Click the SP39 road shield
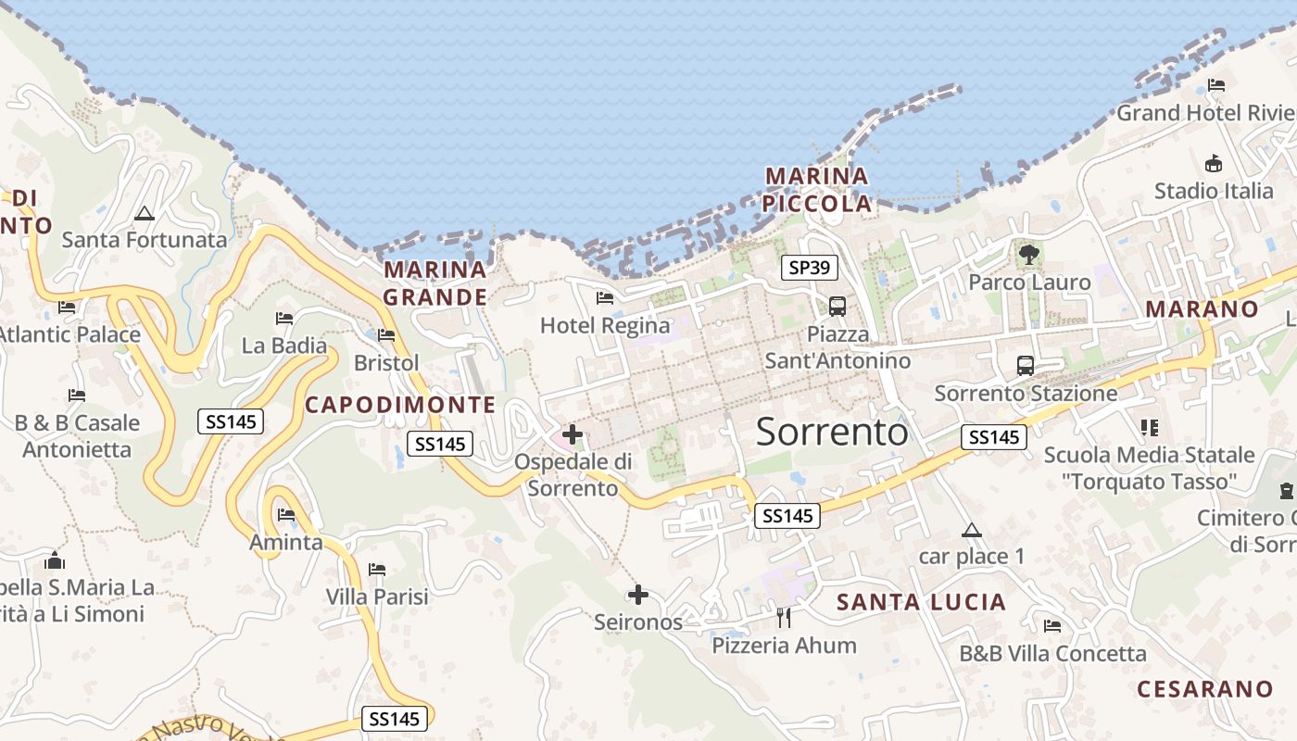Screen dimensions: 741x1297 [x=810, y=269]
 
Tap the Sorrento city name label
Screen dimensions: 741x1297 [x=832, y=433]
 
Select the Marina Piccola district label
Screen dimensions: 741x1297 [x=818, y=190]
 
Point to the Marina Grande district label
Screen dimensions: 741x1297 [x=435, y=283]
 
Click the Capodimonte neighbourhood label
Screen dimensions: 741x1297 [x=400, y=405]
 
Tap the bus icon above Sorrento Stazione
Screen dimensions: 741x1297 [x=1026, y=365]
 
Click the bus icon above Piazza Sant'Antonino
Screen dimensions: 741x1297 [x=837, y=306]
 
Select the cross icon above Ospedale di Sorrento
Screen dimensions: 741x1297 [x=573, y=433]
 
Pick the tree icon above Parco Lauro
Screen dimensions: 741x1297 [x=1028, y=254]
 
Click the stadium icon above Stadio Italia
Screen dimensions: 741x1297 [x=1213, y=164]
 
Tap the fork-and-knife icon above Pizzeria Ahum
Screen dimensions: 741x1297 [x=784, y=617]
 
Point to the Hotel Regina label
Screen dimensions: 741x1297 [x=605, y=326]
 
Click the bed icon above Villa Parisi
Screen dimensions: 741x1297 [x=377, y=569]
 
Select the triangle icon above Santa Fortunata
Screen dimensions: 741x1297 [x=144, y=213]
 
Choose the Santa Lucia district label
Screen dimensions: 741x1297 [x=921, y=602]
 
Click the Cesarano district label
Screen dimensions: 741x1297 [x=1204, y=689]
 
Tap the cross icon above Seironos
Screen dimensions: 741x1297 [x=638, y=595]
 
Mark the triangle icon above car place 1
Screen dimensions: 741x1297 [x=971, y=531]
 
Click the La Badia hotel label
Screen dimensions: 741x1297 [x=283, y=346]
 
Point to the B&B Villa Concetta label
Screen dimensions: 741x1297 [x=1052, y=654]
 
